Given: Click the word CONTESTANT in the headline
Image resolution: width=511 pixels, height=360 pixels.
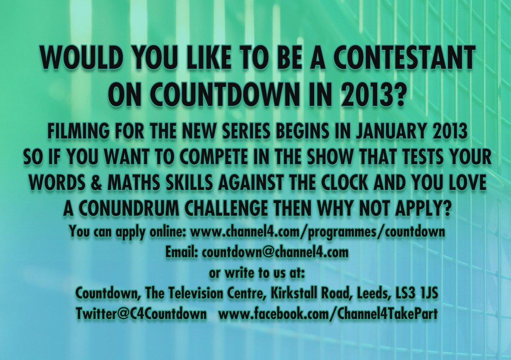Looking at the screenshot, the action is pos(403,59).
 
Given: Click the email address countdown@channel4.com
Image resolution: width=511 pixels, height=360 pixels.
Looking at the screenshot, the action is pos(275,253).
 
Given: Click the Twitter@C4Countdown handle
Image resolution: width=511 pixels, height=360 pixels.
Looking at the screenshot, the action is pos(141,314).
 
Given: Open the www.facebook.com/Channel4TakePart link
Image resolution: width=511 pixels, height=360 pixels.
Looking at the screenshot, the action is pos(328,314).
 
